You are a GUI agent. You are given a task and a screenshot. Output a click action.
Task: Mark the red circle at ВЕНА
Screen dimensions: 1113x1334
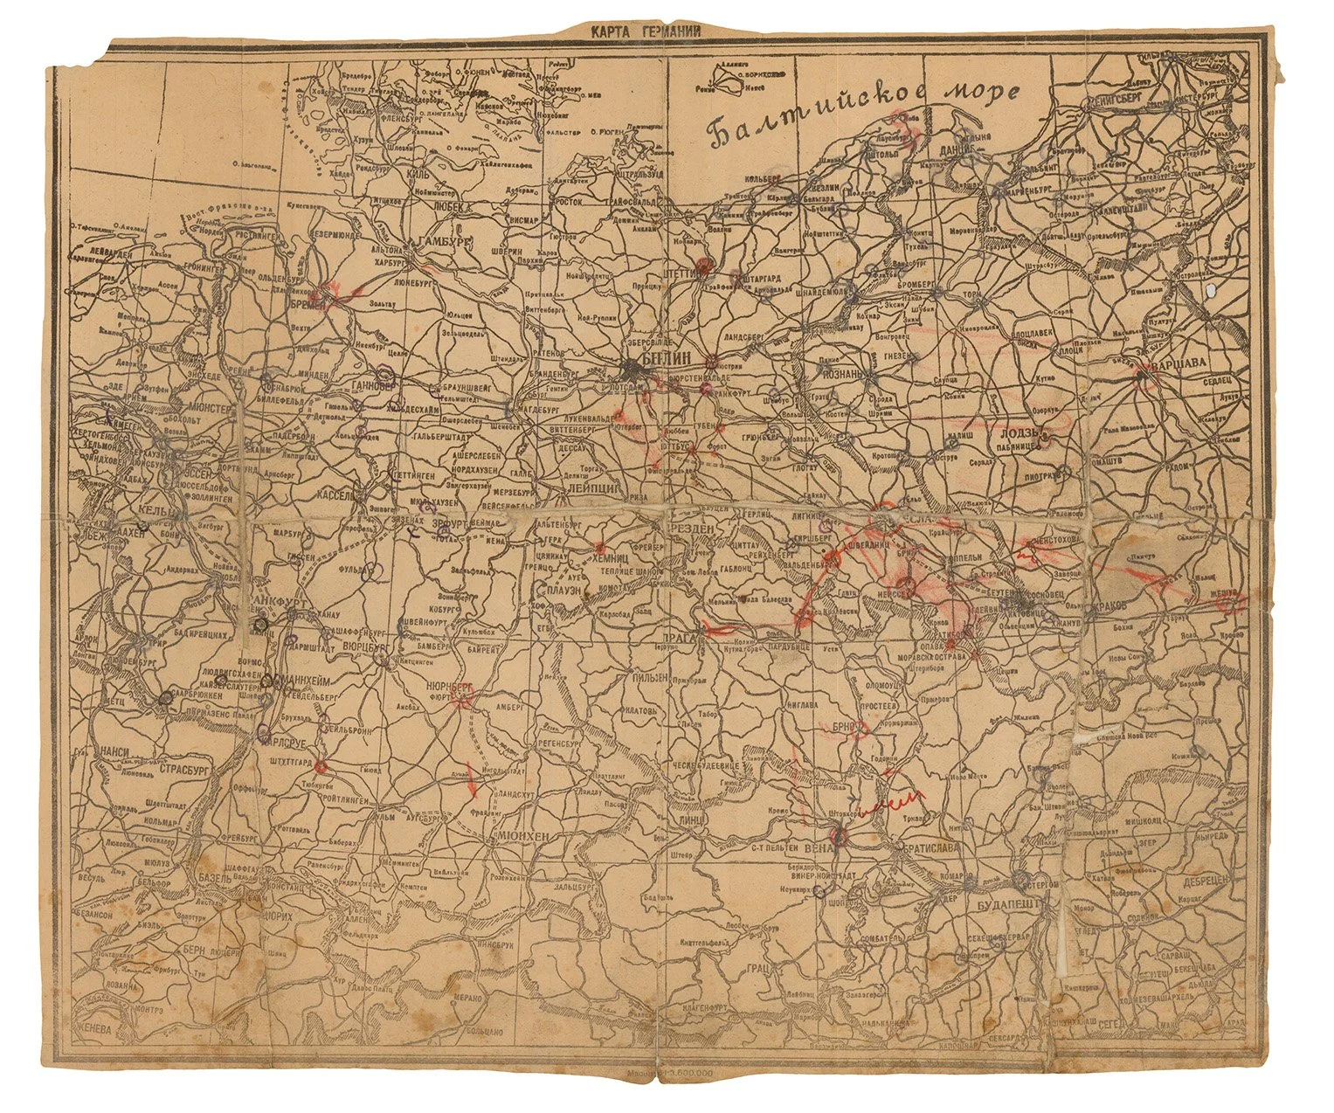pos(840,836)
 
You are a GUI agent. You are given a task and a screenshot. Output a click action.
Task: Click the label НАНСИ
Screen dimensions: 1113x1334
pos(117,750)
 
